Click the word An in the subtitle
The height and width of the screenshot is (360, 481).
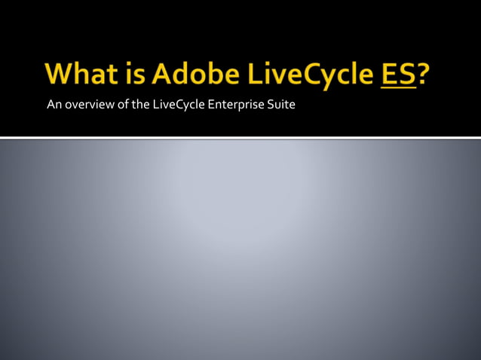point(53,104)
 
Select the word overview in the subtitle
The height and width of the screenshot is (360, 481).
point(86,104)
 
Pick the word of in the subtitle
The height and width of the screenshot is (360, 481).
point(118,104)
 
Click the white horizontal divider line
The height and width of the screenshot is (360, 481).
point(240,137)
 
